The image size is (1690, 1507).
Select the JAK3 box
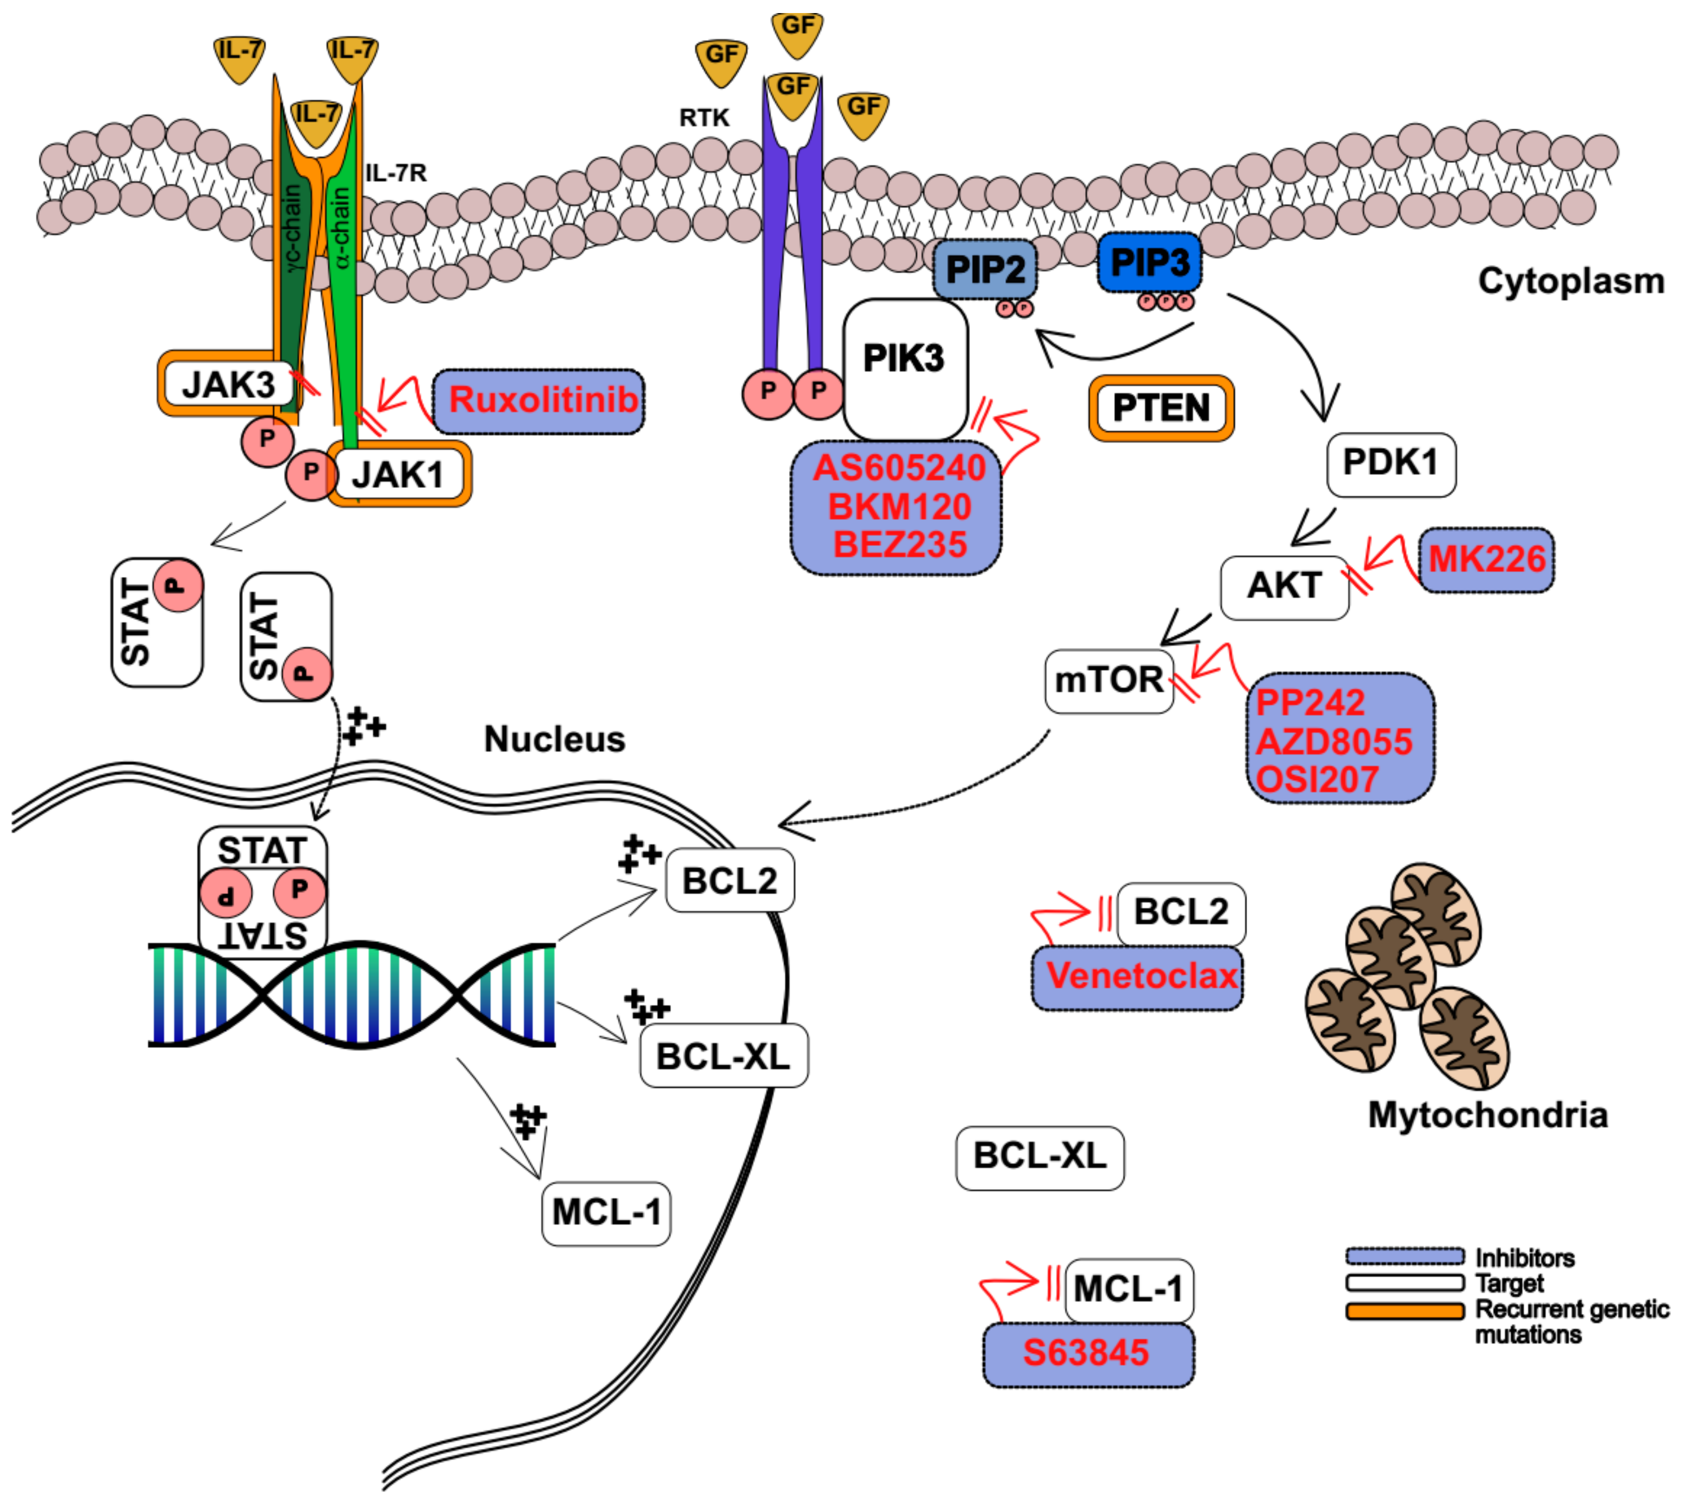point(229,384)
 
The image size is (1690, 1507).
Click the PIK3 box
point(905,369)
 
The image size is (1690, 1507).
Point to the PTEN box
point(1161,408)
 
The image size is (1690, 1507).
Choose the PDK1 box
point(1391,464)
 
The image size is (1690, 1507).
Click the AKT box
point(1284,588)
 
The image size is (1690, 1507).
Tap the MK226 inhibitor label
point(1487,560)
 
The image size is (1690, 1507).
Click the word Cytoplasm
point(1572,281)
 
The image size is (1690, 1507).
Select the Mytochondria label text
point(1488,1115)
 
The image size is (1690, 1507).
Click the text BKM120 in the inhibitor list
point(899,507)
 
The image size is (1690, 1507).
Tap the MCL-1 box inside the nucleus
point(606,1213)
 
